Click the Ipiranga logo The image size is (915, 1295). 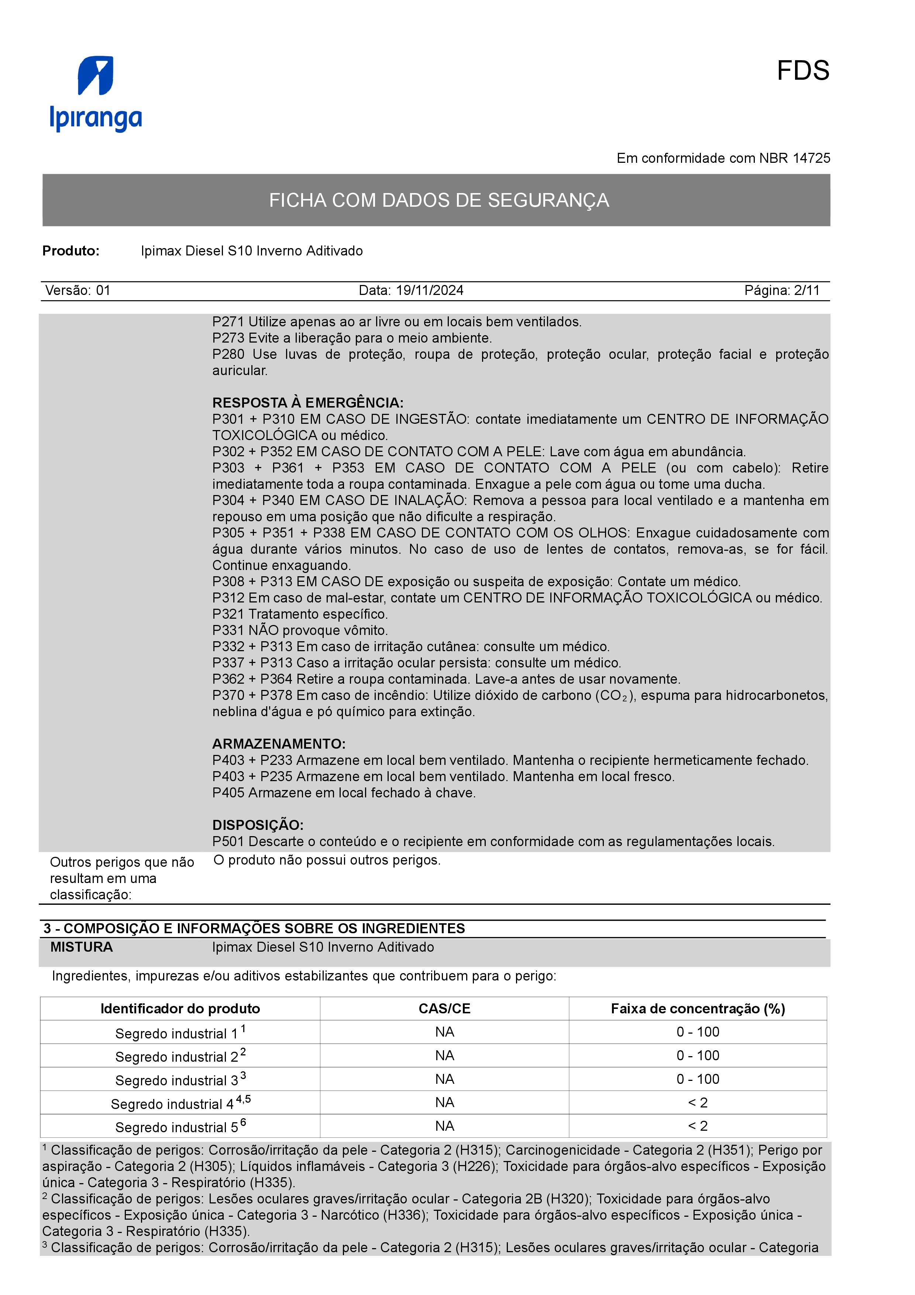[96, 94]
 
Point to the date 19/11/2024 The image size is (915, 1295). [430, 291]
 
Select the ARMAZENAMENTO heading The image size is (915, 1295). [279, 744]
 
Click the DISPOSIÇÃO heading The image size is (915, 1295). [258, 825]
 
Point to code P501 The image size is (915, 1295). [228, 842]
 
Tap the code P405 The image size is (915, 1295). [228, 793]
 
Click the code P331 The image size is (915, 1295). [228, 631]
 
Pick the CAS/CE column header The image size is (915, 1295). [444, 1009]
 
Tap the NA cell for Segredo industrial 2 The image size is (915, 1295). [444, 1056]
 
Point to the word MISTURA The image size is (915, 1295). [81, 948]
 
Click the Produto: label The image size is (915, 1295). [71, 251]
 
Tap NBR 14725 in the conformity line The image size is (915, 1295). [794, 158]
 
